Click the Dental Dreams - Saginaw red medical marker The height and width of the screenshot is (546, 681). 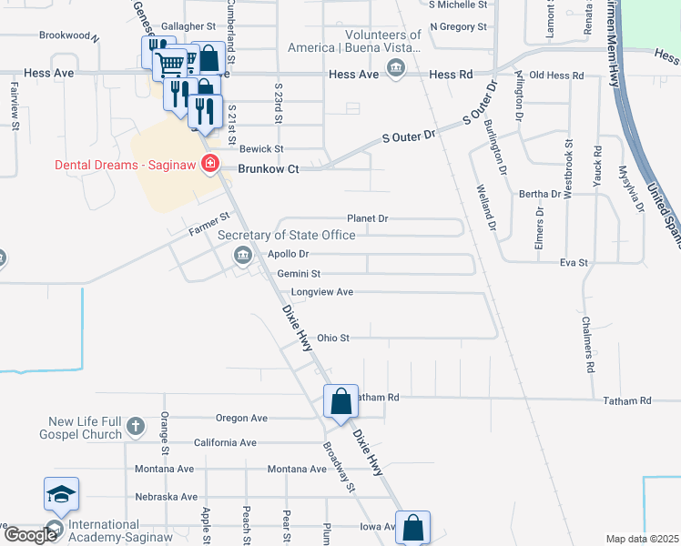click(210, 164)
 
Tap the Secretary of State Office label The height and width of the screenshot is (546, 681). click(287, 235)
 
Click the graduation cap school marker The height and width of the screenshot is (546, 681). click(61, 494)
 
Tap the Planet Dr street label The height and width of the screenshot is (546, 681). click(368, 218)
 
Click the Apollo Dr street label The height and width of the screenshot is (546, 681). click(289, 254)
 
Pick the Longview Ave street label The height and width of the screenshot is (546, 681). click(321, 292)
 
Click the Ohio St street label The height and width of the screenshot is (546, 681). click(333, 339)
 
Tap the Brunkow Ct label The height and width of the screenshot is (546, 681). click(268, 168)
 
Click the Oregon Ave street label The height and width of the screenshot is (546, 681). click(241, 419)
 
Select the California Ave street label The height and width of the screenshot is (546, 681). click(225, 443)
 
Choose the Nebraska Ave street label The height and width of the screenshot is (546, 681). click(166, 497)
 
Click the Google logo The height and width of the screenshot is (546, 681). click(30, 535)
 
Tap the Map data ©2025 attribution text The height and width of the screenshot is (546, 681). click(642, 539)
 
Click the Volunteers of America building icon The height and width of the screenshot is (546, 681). click(396, 68)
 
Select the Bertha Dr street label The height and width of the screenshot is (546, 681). click(540, 195)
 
